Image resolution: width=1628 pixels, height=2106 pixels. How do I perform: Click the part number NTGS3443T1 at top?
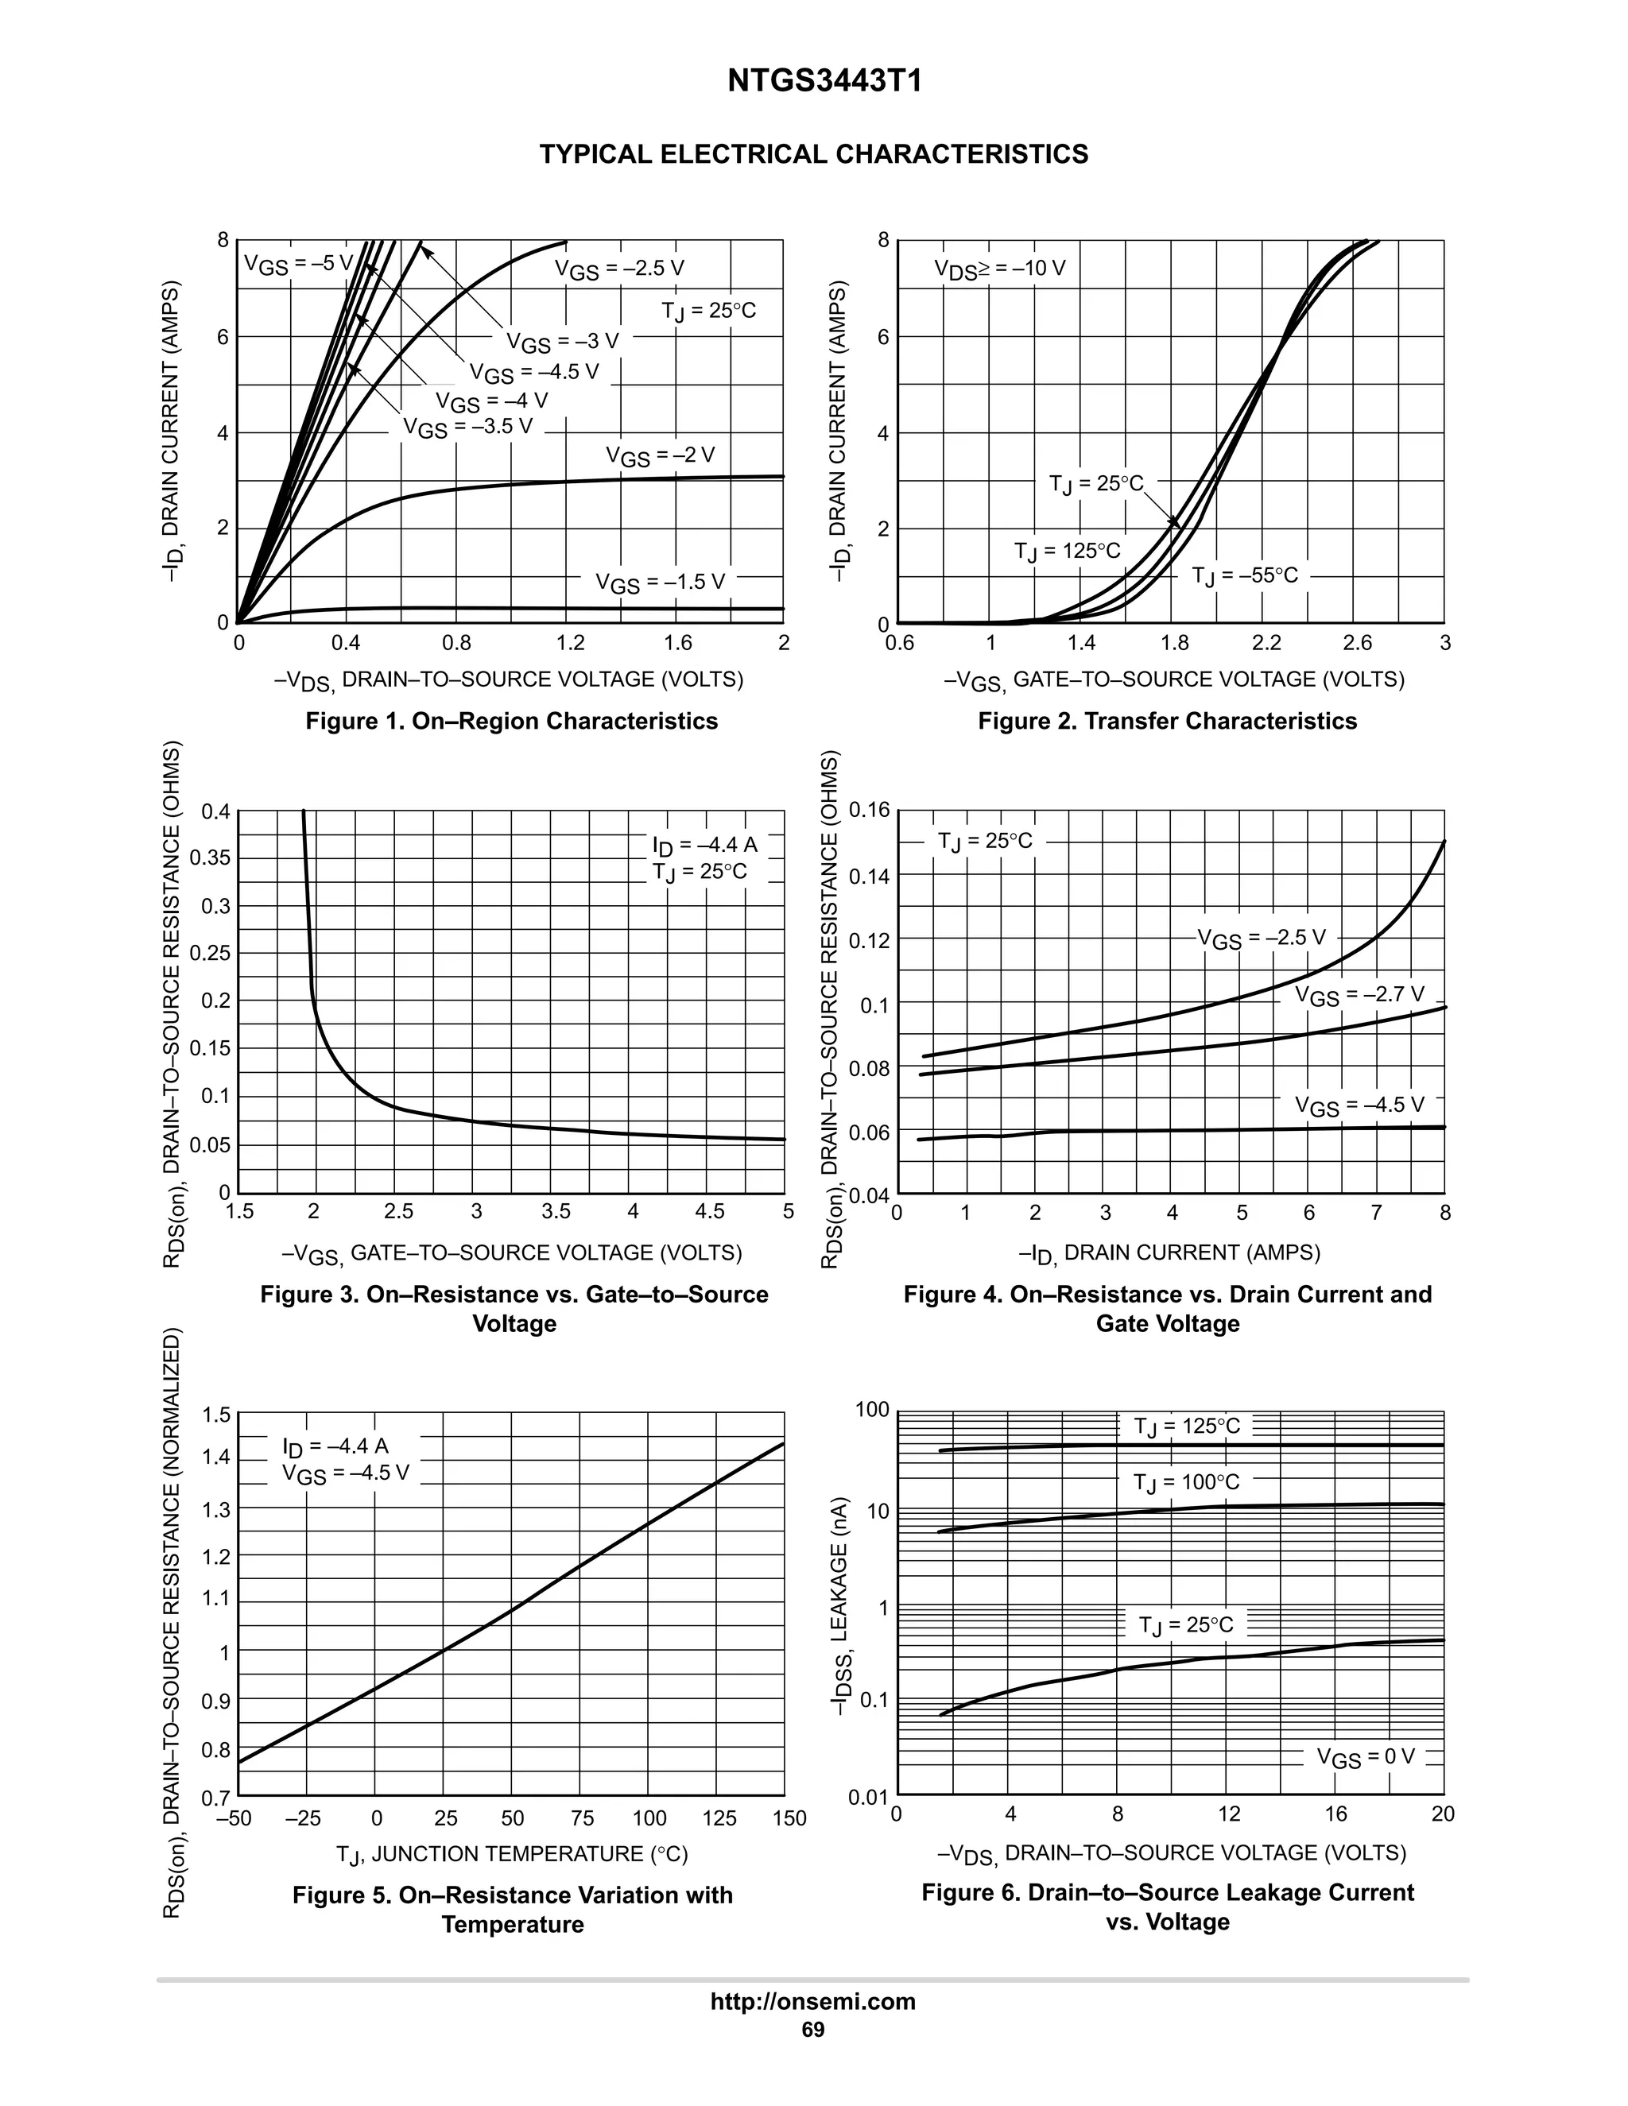click(824, 81)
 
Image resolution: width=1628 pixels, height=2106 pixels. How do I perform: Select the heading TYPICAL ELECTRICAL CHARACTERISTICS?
click(814, 154)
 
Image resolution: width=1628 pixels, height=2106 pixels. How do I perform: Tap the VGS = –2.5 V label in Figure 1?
click(619, 269)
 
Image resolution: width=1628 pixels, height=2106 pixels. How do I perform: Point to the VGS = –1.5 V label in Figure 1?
click(660, 583)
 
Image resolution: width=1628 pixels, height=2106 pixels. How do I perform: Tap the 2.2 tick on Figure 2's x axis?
click(1266, 643)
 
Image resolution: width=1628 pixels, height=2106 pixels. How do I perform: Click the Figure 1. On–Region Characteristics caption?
click(511, 722)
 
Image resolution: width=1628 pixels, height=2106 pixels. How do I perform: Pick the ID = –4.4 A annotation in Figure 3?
click(705, 846)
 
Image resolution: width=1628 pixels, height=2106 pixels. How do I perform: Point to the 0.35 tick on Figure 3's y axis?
click(210, 857)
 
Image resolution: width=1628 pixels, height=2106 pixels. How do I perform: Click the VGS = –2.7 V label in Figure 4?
click(1359, 995)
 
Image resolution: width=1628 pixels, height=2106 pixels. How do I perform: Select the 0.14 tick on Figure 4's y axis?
click(869, 877)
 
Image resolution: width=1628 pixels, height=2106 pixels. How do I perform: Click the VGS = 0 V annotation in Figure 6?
click(1366, 1757)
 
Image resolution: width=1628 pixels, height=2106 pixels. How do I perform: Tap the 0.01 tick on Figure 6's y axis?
click(867, 1798)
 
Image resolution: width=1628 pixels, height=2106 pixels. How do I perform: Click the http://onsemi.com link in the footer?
click(813, 2001)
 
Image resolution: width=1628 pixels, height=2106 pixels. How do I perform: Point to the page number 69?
click(813, 2030)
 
